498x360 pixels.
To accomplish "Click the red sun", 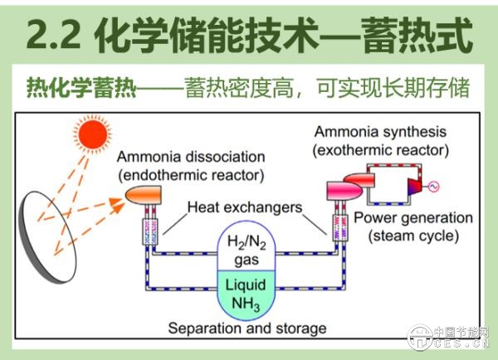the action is coord(92,134).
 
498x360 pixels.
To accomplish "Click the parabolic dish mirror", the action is coord(47,236).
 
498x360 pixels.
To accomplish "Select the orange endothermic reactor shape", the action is coord(144,195).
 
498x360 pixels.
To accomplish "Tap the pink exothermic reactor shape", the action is coord(345,191).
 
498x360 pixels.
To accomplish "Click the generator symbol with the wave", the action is coord(433,187).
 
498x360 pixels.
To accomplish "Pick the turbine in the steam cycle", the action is coord(414,187).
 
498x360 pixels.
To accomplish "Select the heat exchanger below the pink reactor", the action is coord(339,227).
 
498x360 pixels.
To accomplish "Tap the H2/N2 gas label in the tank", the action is coord(247,251).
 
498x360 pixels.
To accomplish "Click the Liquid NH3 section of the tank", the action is coord(246,294).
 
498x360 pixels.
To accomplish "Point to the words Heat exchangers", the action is coord(245,207).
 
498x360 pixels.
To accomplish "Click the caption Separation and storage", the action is coord(247,328).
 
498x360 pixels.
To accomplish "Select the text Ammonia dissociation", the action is coord(191,157).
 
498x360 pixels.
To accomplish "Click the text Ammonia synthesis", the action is coord(380,132).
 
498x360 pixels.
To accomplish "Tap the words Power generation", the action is coord(413,218).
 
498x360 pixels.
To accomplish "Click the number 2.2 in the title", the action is coord(53,34).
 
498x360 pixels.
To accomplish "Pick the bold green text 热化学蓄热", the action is coord(81,87).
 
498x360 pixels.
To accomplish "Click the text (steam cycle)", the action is coord(413,236).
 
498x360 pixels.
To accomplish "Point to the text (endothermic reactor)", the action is coord(191,175).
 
